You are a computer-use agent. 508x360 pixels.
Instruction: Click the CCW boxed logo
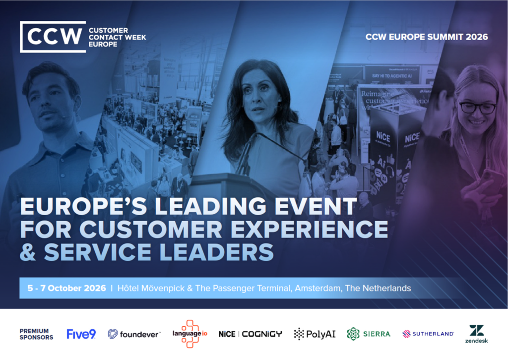[x=53, y=37]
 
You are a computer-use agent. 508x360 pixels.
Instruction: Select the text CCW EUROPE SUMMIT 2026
[x=427, y=37]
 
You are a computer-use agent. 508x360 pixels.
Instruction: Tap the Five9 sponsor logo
[x=81, y=334]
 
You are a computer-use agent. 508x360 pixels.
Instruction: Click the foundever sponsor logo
[x=134, y=334]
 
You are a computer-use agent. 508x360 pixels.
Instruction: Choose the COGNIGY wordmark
[x=262, y=334]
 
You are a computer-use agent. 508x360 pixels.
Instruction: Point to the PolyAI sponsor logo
[x=315, y=334]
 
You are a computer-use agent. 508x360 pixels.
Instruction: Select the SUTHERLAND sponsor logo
[x=428, y=334]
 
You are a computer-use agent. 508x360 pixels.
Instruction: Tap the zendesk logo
[x=476, y=334]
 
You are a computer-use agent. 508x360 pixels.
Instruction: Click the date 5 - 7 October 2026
[x=66, y=288]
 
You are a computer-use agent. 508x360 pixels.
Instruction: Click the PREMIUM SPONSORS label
[x=36, y=334]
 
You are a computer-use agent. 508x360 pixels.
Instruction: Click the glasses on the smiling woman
[x=477, y=107]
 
